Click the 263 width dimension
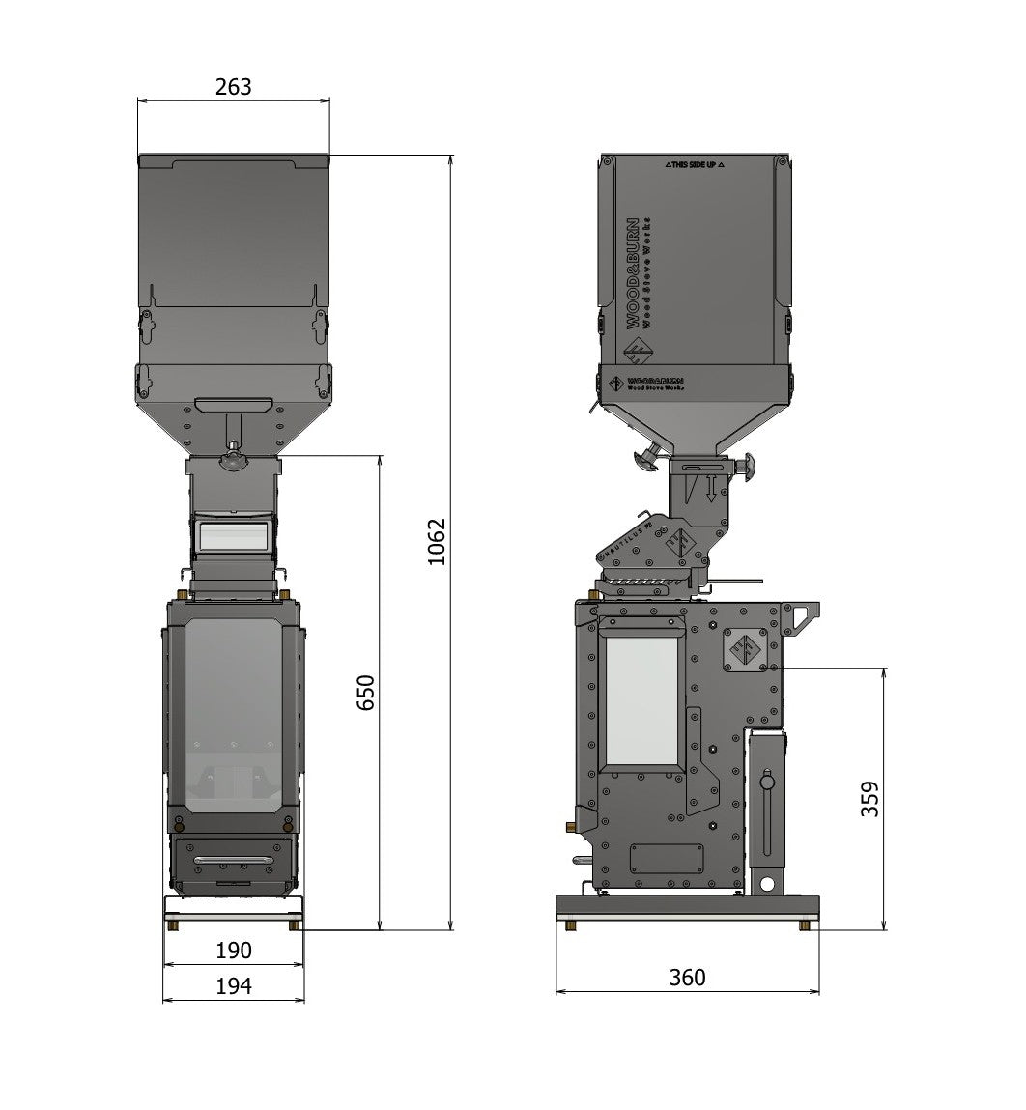click(233, 87)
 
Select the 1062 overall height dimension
click(437, 542)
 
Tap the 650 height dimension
click(366, 693)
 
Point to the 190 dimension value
click(233, 951)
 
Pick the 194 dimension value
click(233, 986)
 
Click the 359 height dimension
click(870, 799)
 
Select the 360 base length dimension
click(687, 978)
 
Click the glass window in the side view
click(642, 699)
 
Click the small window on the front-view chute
click(232, 534)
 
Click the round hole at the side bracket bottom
click(766, 883)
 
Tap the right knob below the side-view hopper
click(747, 468)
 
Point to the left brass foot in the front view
click(173, 925)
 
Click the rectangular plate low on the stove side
click(666, 858)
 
